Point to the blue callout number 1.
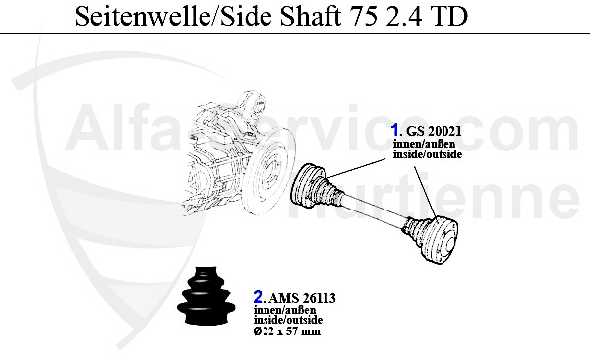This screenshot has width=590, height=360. point(395,130)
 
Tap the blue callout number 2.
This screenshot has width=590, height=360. point(258,294)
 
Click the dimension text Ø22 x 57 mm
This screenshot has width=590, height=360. point(286,330)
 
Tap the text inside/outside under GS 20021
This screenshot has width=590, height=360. point(427,155)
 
